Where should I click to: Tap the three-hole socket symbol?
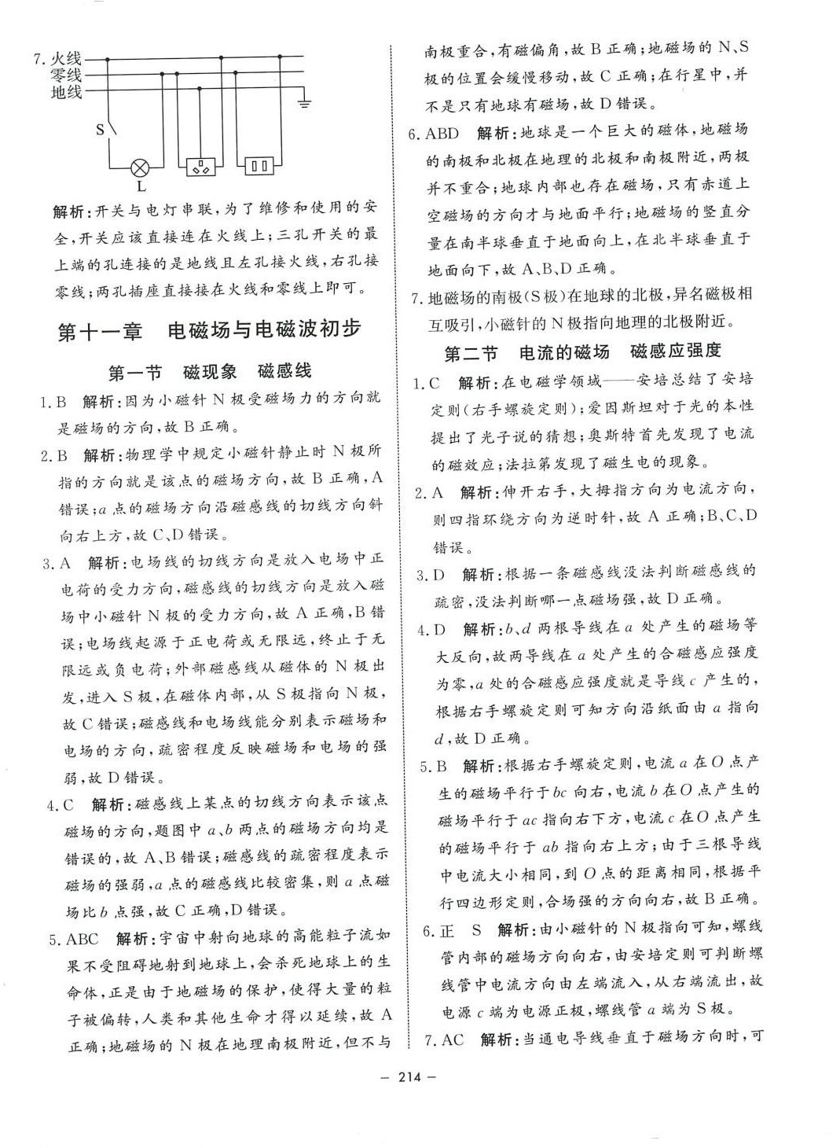click(x=202, y=166)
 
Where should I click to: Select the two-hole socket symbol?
click(x=260, y=166)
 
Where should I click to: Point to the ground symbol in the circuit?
click(x=306, y=102)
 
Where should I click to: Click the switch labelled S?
click(x=109, y=127)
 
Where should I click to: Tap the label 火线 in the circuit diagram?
click(x=66, y=58)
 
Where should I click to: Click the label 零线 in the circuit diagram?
click(x=66, y=75)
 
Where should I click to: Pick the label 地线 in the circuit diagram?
click(x=66, y=92)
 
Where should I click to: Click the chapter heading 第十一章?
click(x=101, y=330)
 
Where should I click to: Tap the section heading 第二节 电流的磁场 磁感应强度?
click(x=582, y=351)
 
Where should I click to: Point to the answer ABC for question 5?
click(x=83, y=939)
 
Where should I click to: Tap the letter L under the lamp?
click(x=141, y=187)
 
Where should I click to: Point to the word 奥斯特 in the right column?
click(x=637, y=435)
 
